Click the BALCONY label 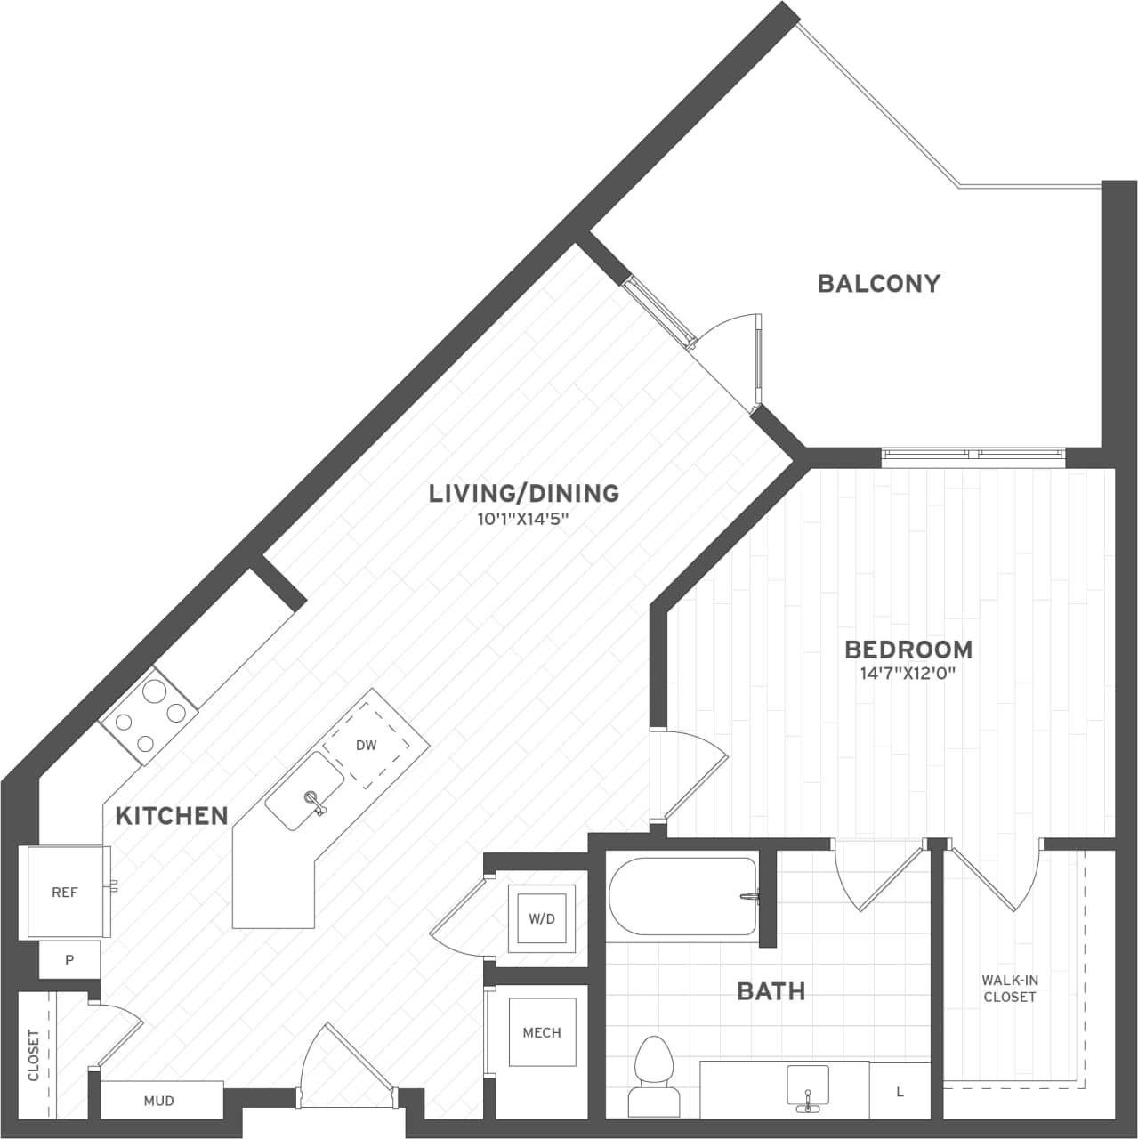(x=878, y=283)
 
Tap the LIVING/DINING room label (x=523, y=493)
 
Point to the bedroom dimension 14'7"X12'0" (x=908, y=674)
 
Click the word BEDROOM (x=908, y=650)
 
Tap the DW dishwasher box (x=367, y=745)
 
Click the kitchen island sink (x=305, y=791)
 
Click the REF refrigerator (x=65, y=892)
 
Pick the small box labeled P (x=69, y=961)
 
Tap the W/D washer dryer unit (x=541, y=918)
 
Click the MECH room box (x=541, y=1032)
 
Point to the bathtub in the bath (x=682, y=896)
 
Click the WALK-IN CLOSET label (x=1010, y=989)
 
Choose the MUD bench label (x=159, y=1101)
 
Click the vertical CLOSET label (x=34, y=1055)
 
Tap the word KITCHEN (x=172, y=815)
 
